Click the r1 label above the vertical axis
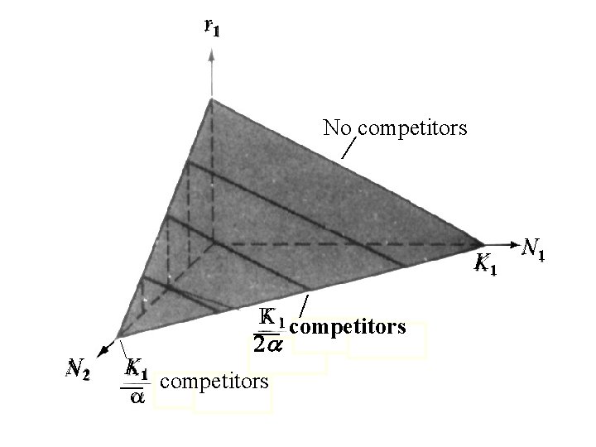pyautogui.click(x=212, y=29)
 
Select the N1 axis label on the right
pyautogui.click(x=535, y=248)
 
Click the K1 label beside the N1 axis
pyautogui.click(x=486, y=265)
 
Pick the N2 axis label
pyautogui.click(x=80, y=367)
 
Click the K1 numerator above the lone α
pyautogui.click(x=136, y=368)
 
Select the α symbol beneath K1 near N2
pyautogui.click(x=136, y=397)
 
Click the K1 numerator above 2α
pyautogui.click(x=272, y=318)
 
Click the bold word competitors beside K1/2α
pyautogui.click(x=348, y=327)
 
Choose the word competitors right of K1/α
pyautogui.click(x=214, y=382)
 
